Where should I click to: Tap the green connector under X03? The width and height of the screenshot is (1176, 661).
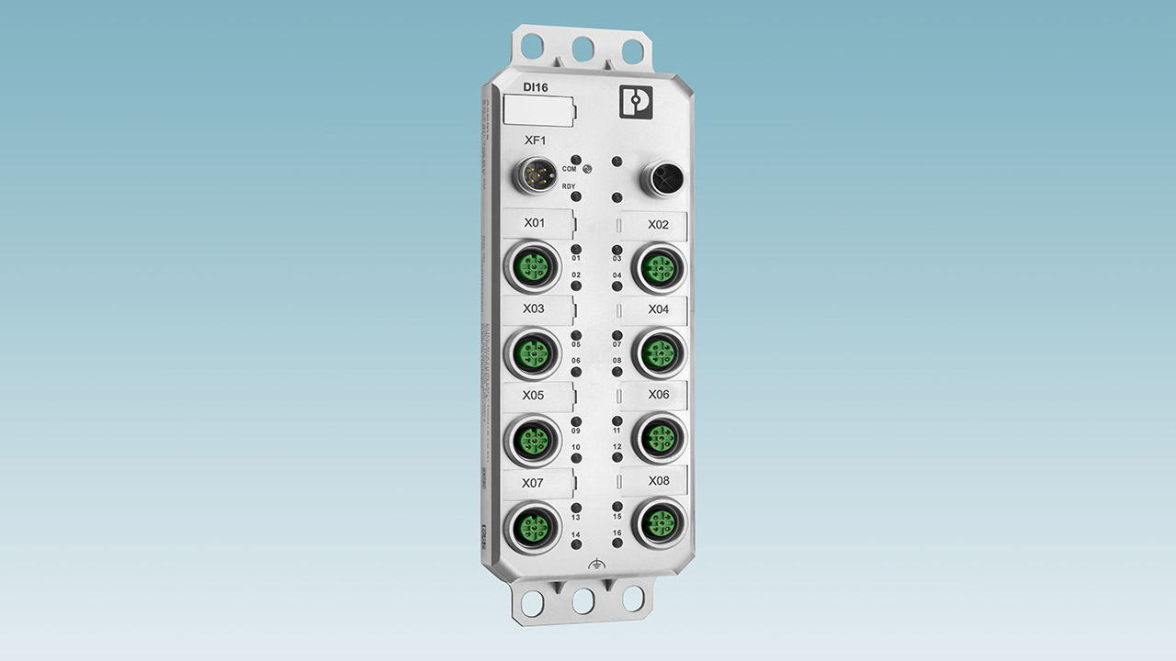(x=533, y=353)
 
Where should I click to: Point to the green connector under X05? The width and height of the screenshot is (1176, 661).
(x=533, y=439)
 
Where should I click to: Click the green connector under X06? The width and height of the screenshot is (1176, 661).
(x=659, y=437)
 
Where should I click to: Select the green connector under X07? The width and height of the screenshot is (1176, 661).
(x=534, y=526)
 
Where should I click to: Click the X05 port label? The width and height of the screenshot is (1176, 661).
(x=533, y=396)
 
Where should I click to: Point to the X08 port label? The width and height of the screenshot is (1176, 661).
(x=659, y=480)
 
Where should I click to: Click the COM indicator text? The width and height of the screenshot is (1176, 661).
(x=570, y=170)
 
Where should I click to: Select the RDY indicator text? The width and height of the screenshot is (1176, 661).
(x=570, y=186)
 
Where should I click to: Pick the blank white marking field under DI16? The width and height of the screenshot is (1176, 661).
(x=539, y=112)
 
